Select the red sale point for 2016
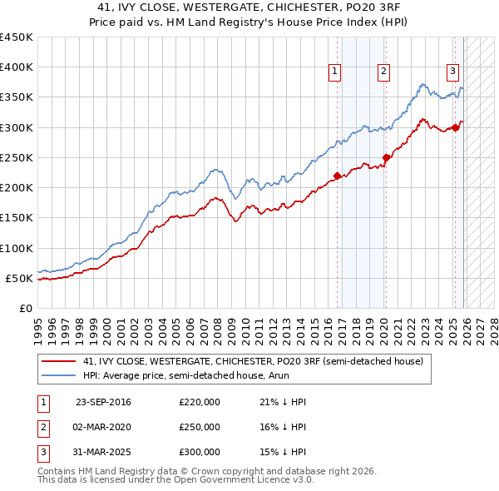pos(337,176)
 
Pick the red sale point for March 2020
pos(386,157)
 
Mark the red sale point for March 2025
pos(456,127)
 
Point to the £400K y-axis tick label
pos(17,67)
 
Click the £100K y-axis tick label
pos(17,248)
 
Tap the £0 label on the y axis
pos(26,308)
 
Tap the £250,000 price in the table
pos(200,427)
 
